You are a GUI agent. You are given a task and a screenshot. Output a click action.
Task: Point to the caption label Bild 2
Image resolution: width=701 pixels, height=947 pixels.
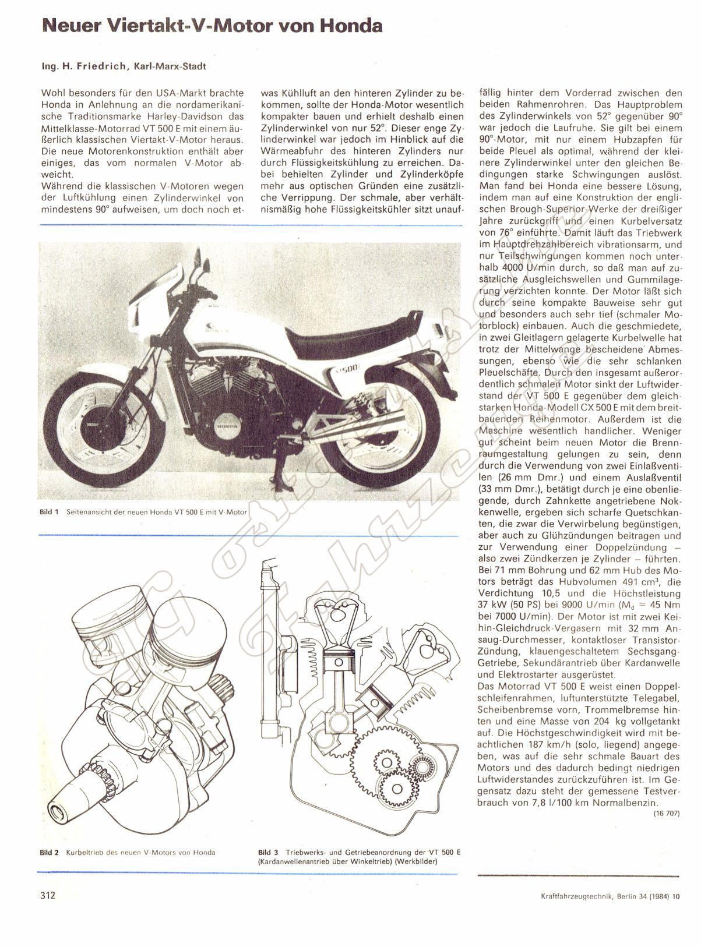tap(49, 853)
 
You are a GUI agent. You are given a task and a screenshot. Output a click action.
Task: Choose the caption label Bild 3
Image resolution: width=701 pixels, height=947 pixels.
tap(270, 853)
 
